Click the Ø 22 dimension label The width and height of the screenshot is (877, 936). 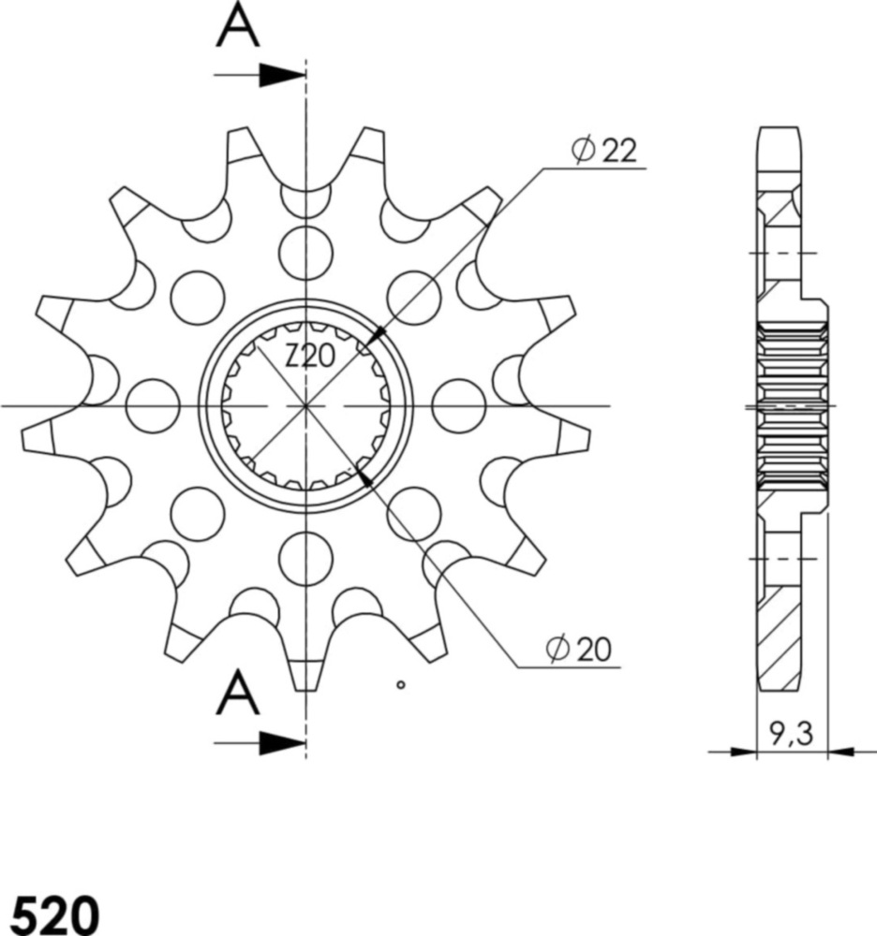coord(604,150)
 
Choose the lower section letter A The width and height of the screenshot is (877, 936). coord(238,694)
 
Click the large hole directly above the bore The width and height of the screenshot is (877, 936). coord(306,250)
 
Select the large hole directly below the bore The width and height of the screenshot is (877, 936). coord(306,559)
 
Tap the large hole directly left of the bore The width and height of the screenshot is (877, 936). coord(152,406)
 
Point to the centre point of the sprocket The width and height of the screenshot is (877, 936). coord(306,406)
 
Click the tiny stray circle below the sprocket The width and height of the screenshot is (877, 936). coord(401,685)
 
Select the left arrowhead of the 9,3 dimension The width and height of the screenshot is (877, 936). coord(744,750)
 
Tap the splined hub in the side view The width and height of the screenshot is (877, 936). coord(795,404)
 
